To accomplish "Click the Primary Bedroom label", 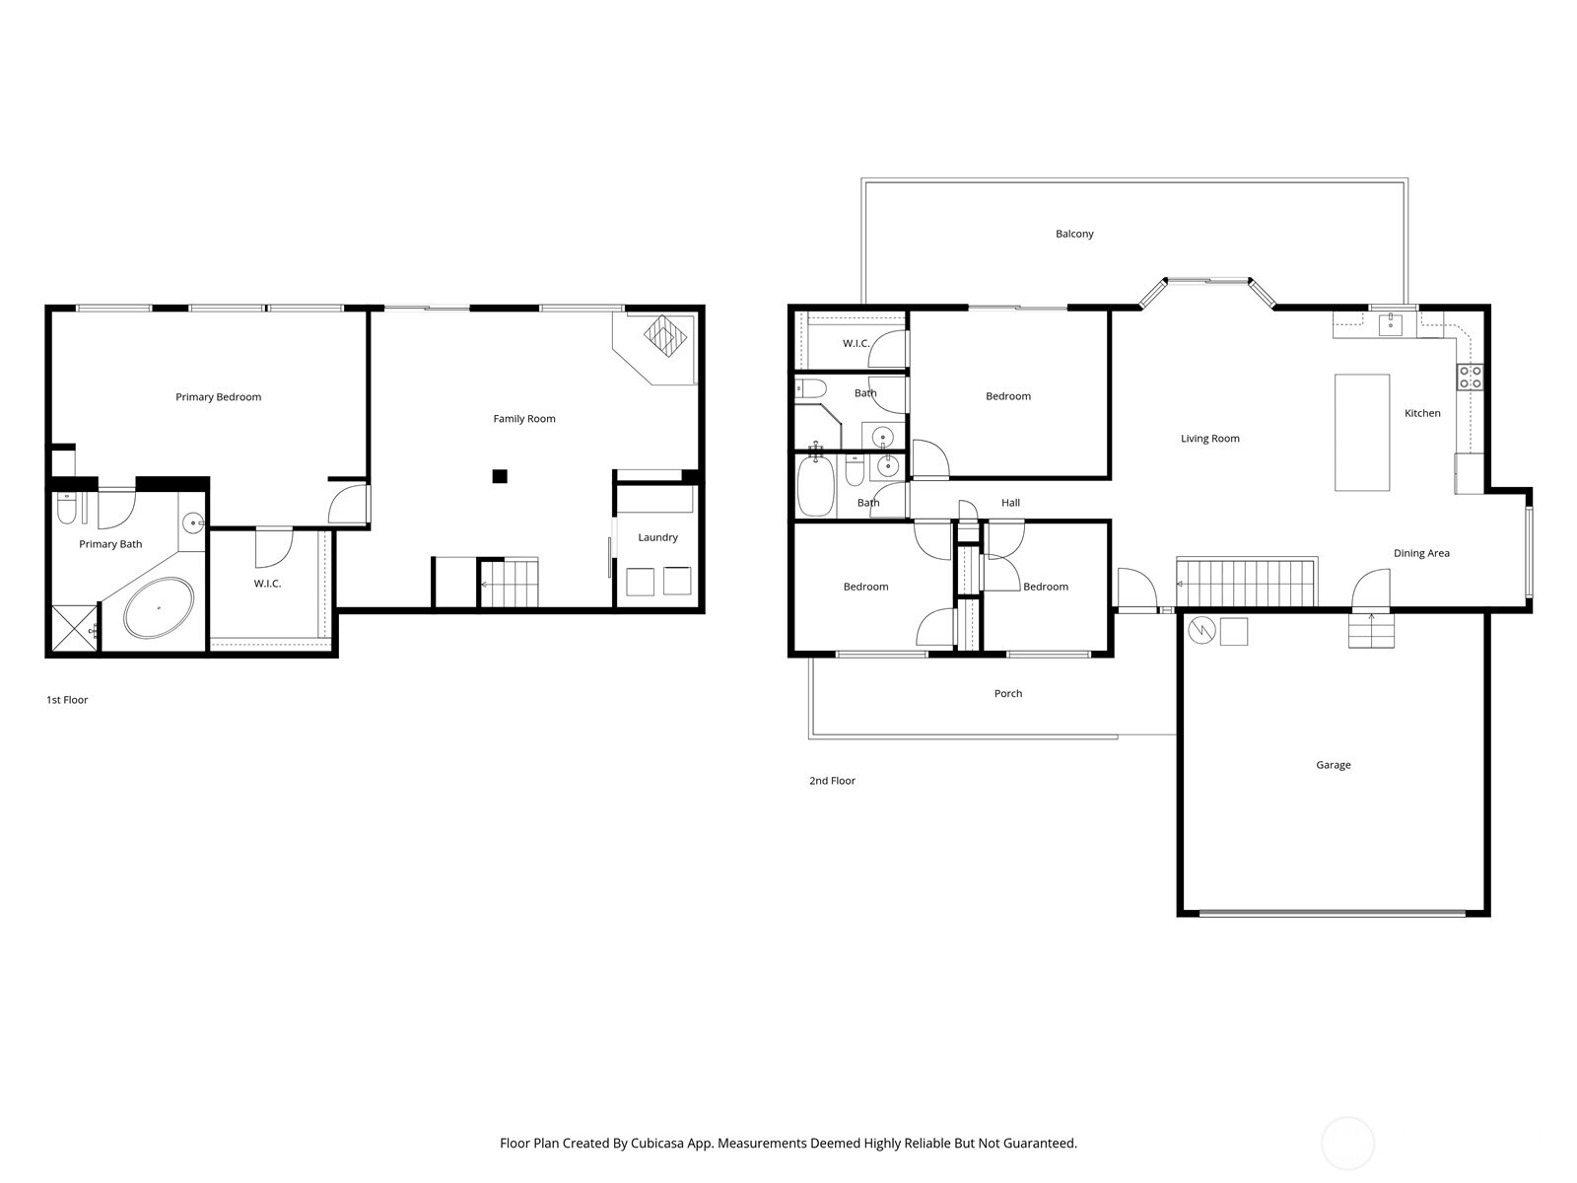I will click(218, 397).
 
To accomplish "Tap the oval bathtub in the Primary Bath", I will click(158, 607).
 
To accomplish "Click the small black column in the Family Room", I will click(500, 477).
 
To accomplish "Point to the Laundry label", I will click(657, 537).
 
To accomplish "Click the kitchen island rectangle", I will click(1362, 432).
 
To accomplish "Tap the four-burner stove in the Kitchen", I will click(1470, 377).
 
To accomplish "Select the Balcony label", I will click(1074, 234).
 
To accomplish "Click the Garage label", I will click(1333, 765).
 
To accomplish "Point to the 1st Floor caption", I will click(67, 700).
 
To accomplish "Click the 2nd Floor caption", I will click(832, 781).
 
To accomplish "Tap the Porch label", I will click(1007, 694).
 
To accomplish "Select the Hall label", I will click(1010, 503).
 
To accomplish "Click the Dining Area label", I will click(1421, 553).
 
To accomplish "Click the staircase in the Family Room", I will click(510, 584).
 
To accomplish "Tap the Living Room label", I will click(1209, 439).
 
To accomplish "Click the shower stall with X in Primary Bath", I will click(74, 628).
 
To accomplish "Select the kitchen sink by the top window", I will click(1390, 324).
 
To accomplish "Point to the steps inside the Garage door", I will click(1372, 630).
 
